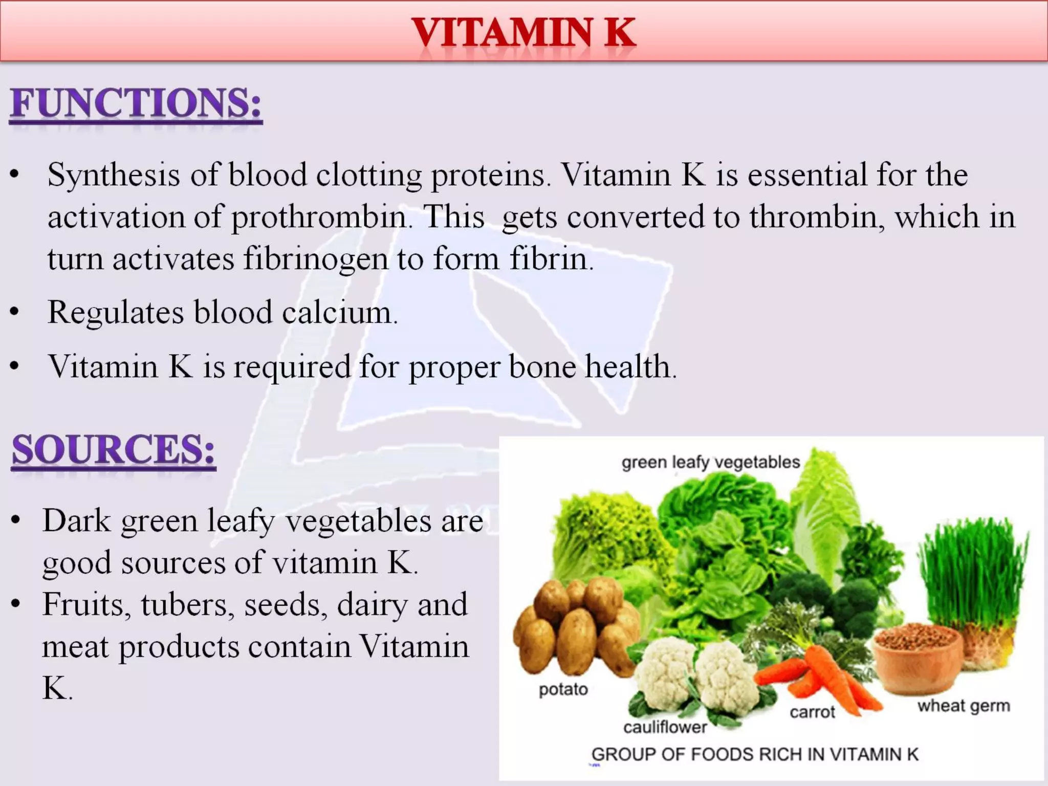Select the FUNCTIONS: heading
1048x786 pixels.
tap(136, 103)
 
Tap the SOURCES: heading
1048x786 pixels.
tap(114, 450)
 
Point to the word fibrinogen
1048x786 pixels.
tap(315, 259)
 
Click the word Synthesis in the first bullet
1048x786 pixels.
tap(114, 175)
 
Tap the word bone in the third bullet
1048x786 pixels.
tap(542, 366)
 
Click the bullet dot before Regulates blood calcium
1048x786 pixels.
tap(15, 312)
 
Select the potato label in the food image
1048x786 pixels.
tap(563, 690)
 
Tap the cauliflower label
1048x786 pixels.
tap(665, 727)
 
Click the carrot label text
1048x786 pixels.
tap(812, 712)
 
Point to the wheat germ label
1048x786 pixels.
tap(964, 706)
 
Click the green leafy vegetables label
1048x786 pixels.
tap(710, 462)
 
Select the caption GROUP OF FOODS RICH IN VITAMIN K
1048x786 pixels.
tap(755, 755)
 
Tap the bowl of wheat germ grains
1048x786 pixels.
tap(917, 655)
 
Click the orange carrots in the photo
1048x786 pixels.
tap(819, 675)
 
